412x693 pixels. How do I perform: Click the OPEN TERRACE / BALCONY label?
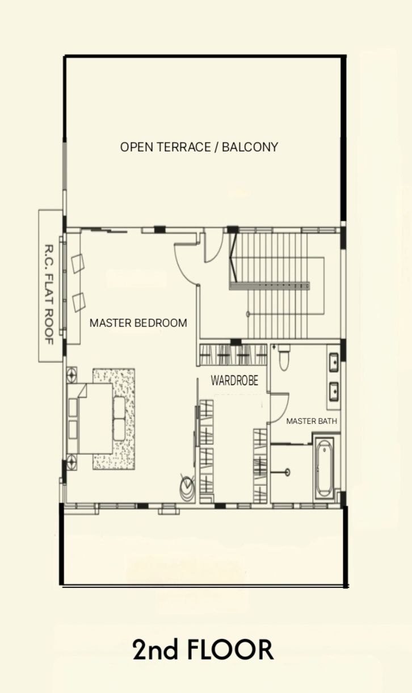[199, 147]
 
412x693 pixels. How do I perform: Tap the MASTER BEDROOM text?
[138, 323]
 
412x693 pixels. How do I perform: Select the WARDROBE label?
[234, 380]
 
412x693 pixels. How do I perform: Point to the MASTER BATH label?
[312, 421]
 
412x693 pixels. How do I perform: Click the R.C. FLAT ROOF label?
[49, 295]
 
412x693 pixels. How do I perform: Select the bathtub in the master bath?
[324, 468]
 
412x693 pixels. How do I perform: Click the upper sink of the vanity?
[334, 362]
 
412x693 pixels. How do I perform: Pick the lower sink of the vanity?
[334, 392]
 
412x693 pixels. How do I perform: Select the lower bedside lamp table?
[72, 462]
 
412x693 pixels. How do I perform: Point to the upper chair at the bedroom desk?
[78, 263]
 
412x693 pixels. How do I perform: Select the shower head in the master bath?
[287, 472]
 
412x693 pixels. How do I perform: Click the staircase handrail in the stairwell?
[270, 285]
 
